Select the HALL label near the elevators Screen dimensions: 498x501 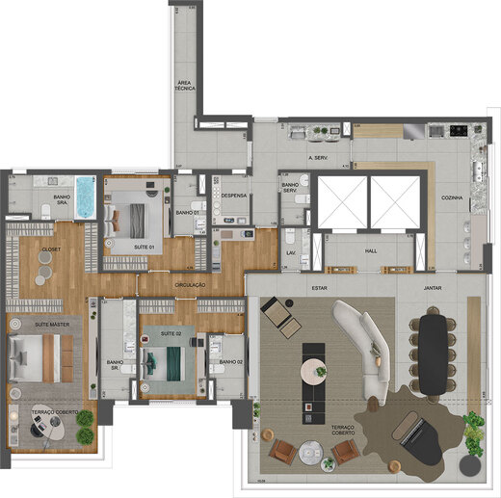370,250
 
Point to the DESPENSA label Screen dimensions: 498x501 234,197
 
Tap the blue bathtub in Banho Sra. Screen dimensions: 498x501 84,197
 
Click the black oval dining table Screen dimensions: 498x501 434,353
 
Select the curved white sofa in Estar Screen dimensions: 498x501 358,341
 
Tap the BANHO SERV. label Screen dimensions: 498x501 289,187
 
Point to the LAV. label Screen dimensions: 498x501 290,252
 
